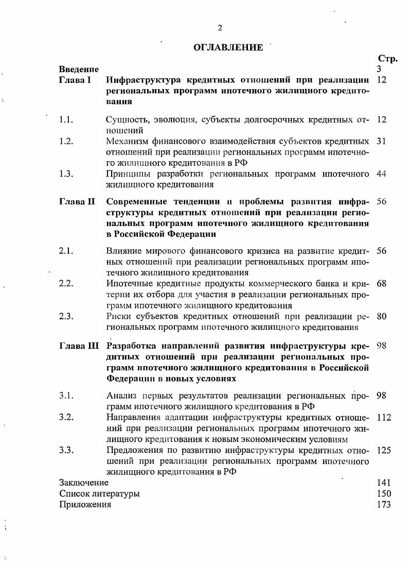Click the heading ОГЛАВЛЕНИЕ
[x=228, y=47]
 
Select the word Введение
[x=79, y=69]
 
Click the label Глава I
[x=75, y=80]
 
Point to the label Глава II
[x=77, y=201]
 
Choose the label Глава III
[x=79, y=346]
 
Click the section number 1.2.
[x=66, y=141]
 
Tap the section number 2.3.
[x=66, y=316]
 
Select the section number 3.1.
[x=66, y=396]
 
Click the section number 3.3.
[x=66, y=450]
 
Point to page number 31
[x=381, y=141]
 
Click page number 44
[x=381, y=174]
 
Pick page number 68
[x=381, y=283]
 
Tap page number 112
[x=384, y=417]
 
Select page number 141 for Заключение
[x=384, y=483]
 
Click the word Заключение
[x=84, y=483]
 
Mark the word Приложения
[x=85, y=505]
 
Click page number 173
[x=384, y=505]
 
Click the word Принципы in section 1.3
[x=126, y=174]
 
